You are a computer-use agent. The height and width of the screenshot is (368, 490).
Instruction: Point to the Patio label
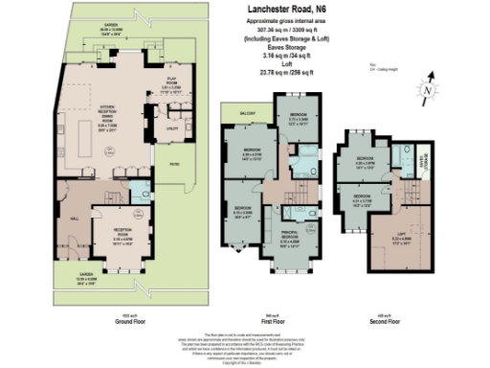click(x=175, y=163)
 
